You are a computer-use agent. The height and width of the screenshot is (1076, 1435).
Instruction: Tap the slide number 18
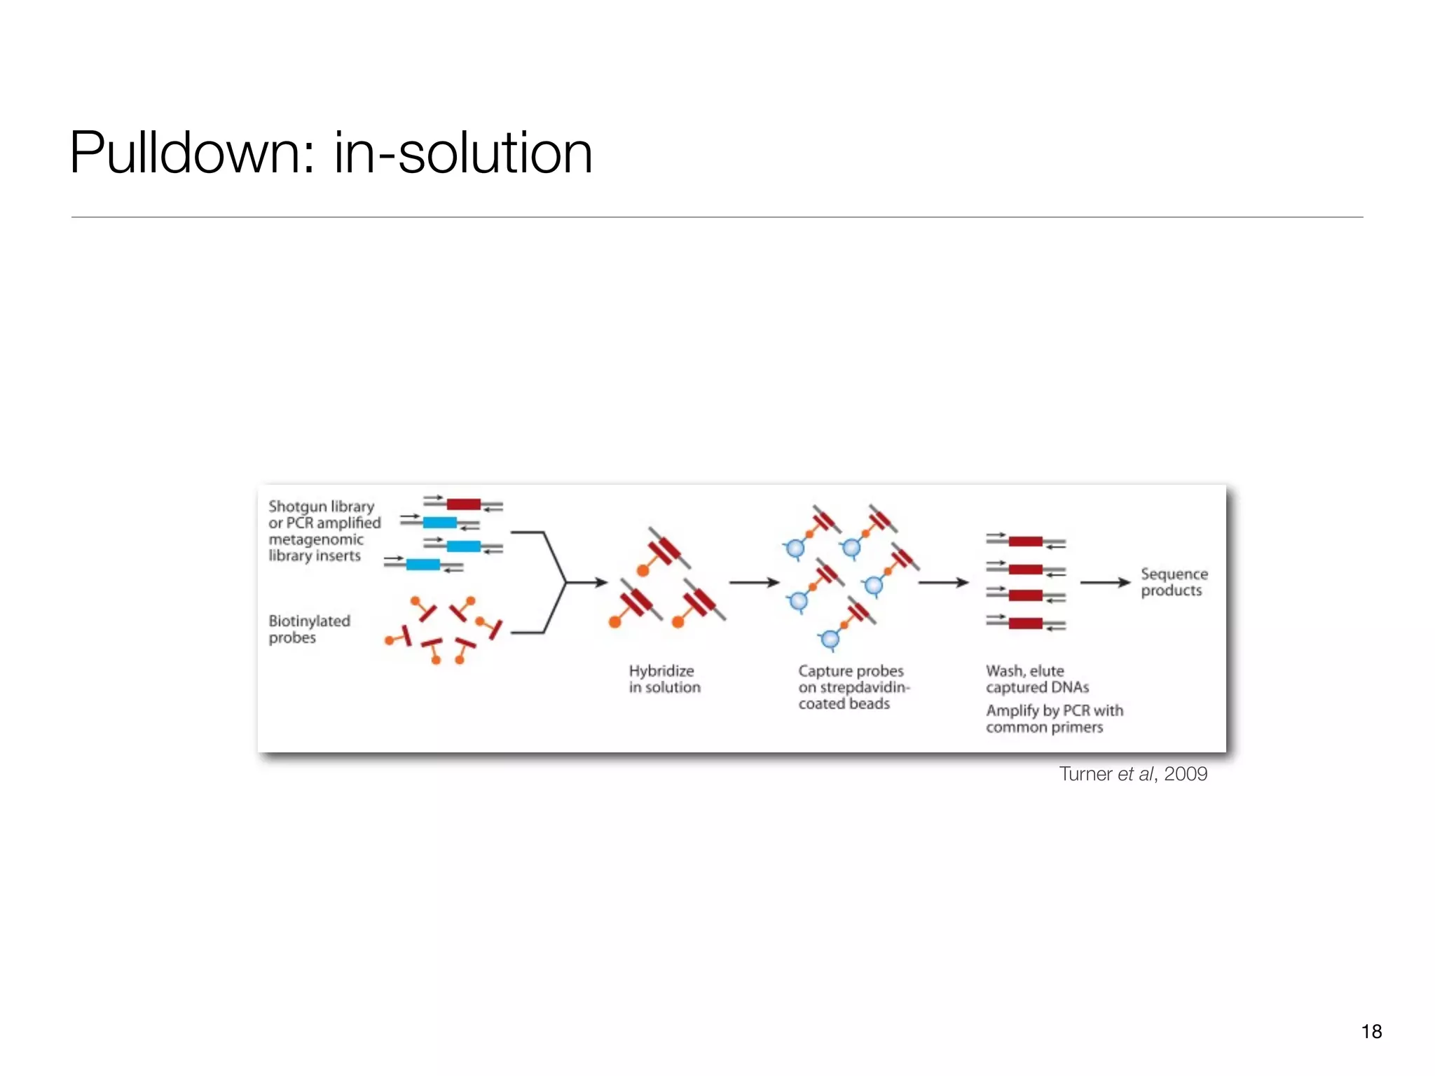[x=1371, y=1031]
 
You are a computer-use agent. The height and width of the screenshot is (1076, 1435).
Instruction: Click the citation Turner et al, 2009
[x=1133, y=773]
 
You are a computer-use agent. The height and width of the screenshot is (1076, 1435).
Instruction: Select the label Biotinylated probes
[x=309, y=629]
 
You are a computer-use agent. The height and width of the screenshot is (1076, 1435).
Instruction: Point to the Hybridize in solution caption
[x=664, y=679]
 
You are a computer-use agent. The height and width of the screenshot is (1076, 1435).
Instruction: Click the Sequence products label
[x=1174, y=582]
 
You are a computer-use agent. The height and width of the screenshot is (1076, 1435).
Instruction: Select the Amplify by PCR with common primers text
[x=1054, y=719]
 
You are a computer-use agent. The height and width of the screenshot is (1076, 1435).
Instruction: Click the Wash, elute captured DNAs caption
[x=1037, y=679]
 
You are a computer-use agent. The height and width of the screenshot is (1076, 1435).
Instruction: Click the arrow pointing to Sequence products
[x=1105, y=582]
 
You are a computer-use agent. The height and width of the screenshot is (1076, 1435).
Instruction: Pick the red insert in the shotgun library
[x=463, y=504]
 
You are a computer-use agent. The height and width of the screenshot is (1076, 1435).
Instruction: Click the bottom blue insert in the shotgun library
[x=423, y=565]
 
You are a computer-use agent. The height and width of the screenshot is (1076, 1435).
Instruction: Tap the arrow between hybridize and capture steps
[x=754, y=582]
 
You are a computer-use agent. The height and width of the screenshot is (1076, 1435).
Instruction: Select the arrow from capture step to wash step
[x=943, y=582]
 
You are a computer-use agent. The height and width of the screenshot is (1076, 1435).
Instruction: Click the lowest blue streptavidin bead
[x=830, y=639]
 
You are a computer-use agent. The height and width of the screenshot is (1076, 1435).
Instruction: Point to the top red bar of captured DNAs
[x=1025, y=542]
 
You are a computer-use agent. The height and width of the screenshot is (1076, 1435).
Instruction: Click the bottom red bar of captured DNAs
[x=1025, y=623]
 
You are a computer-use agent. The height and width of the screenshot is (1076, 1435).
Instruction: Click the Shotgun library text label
[x=321, y=506]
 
